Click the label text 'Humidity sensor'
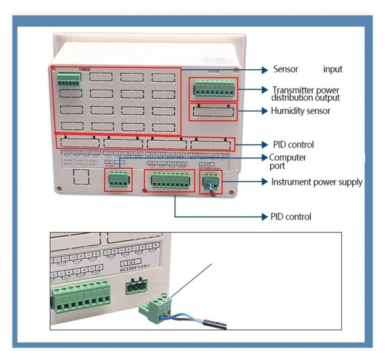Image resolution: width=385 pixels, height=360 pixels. [300, 111]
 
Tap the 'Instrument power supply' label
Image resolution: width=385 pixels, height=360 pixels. [317, 182]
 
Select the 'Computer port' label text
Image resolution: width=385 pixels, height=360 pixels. [287, 162]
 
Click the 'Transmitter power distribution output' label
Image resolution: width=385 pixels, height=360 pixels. [305, 94]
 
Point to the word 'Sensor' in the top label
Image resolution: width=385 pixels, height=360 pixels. [286, 69]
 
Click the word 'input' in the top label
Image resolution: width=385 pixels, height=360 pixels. [332, 69]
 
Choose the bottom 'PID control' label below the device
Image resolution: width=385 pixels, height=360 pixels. [291, 217]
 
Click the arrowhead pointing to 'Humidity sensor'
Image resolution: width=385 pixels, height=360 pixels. [265, 111]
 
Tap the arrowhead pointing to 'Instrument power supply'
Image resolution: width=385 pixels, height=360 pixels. [265, 182]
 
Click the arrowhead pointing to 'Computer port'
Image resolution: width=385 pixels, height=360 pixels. [265, 157]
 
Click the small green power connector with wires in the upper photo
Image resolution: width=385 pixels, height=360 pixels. [210, 181]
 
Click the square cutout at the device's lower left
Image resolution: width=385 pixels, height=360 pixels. [81, 178]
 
